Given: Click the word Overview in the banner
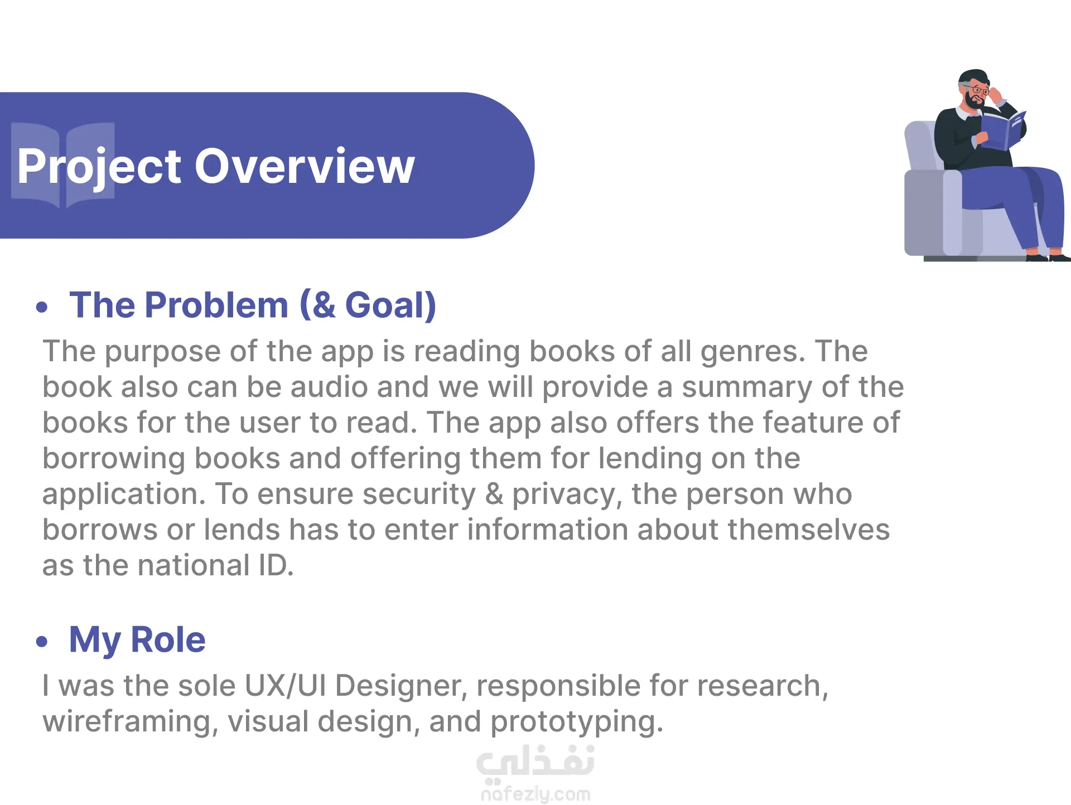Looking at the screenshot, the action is click(x=305, y=166).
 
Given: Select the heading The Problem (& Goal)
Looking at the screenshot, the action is click(x=253, y=305).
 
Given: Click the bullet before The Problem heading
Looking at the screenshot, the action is click(x=42, y=307).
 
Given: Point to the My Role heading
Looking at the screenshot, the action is click(x=137, y=640).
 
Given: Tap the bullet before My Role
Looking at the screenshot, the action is click(x=42, y=641).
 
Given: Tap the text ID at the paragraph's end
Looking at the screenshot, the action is click(x=276, y=565).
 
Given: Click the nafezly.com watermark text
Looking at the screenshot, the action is click(x=535, y=794).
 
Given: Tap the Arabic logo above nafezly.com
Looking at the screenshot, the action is click(x=535, y=762).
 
